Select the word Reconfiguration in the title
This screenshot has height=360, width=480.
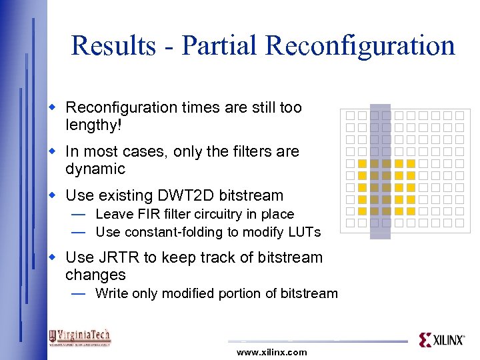pos(359,45)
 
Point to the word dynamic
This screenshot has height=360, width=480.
pos(95,169)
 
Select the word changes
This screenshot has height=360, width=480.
pos(95,275)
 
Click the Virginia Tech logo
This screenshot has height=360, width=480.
pos(79,337)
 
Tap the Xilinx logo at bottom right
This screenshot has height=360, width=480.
pos(441,340)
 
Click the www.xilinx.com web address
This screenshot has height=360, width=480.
pos(272,352)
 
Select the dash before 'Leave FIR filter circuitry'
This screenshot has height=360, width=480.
pos(78,215)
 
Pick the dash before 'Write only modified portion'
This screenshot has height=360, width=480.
pos(78,294)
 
